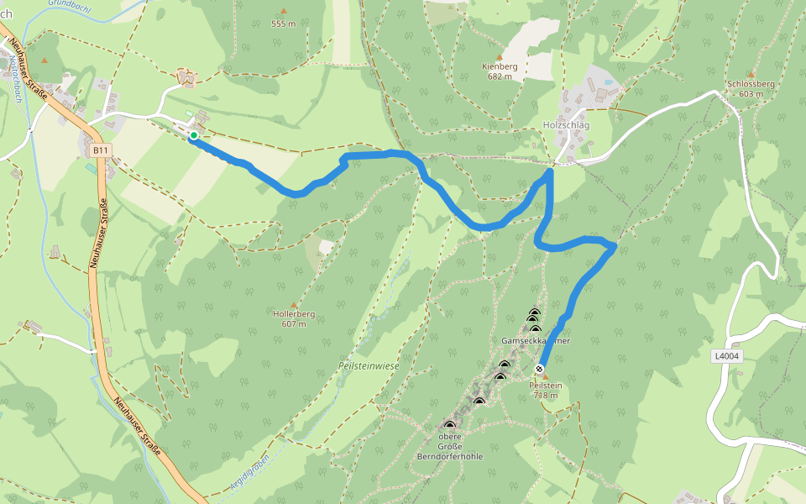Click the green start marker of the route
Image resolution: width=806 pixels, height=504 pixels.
(x=194, y=135)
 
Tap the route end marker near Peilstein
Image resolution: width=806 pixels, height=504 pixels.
(x=539, y=369)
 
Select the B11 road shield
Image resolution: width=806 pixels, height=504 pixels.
(x=101, y=150)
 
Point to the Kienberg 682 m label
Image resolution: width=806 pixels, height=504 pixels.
(x=499, y=71)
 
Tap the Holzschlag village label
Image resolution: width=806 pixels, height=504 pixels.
(x=567, y=125)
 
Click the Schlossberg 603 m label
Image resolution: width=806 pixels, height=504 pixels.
(x=751, y=89)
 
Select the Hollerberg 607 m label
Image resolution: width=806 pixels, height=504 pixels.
(x=294, y=318)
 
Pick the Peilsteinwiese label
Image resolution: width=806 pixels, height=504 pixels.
(x=369, y=366)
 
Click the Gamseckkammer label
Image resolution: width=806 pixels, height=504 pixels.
(x=536, y=341)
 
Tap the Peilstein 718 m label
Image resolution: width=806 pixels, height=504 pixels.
(x=546, y=391)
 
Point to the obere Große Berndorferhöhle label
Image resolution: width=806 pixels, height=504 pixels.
(x=449, y=446)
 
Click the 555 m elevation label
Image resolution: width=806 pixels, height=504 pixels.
(x=283, y=24)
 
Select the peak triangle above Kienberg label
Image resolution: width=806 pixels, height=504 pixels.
(x=499, y=56)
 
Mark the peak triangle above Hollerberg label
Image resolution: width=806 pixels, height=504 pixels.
(x=294, y=304)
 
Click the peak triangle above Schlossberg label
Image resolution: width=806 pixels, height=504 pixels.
(x=751, y=75)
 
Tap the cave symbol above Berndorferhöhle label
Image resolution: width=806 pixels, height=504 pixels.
(x=449, y=425)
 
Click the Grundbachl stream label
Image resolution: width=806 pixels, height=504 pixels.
(x=71, y=4)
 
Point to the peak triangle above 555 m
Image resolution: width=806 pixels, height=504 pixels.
(x=283, y=11)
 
